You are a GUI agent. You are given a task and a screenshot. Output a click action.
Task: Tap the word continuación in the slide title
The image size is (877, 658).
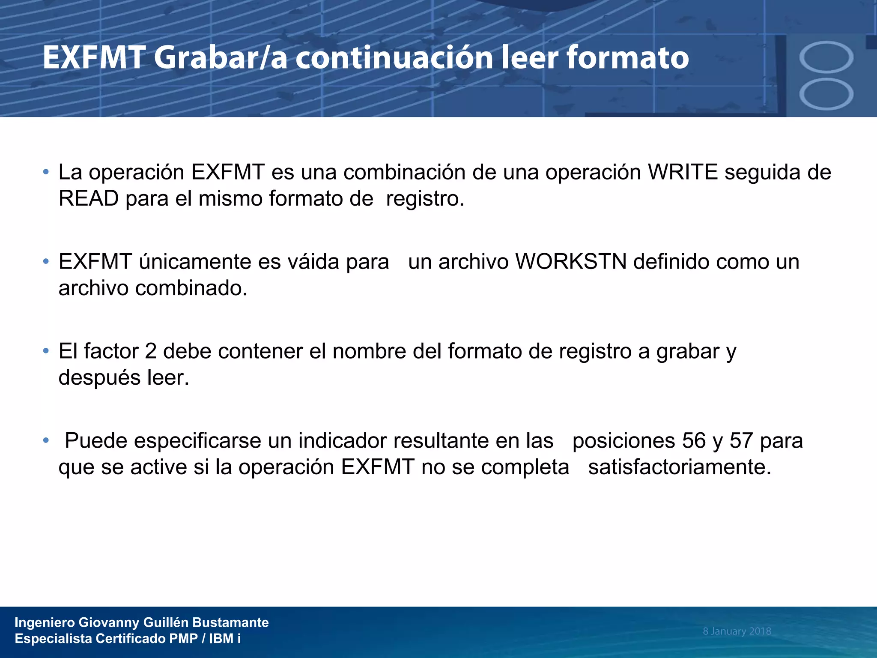coord(394,58)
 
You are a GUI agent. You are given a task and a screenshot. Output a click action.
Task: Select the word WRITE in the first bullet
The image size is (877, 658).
coord(683,172)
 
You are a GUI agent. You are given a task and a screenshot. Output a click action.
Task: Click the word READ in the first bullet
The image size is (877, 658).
coord(89,199)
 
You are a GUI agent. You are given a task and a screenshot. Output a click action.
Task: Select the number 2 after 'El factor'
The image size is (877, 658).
coord(151,351)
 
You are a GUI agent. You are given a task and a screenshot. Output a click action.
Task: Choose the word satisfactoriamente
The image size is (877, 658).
coord(680,467)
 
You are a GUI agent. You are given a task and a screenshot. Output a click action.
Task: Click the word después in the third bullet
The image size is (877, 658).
coord(100,378)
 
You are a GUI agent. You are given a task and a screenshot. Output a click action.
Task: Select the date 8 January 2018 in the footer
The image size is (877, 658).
coord(737,631)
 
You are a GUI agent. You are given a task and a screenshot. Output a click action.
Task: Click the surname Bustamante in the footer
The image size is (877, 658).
coord(230,622)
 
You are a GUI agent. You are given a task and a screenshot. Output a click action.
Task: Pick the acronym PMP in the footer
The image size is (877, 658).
coord(183,639)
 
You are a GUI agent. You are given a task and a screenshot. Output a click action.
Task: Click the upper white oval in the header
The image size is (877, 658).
coord(826,57)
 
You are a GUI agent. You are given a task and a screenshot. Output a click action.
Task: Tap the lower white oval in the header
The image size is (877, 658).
coord(826,94)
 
